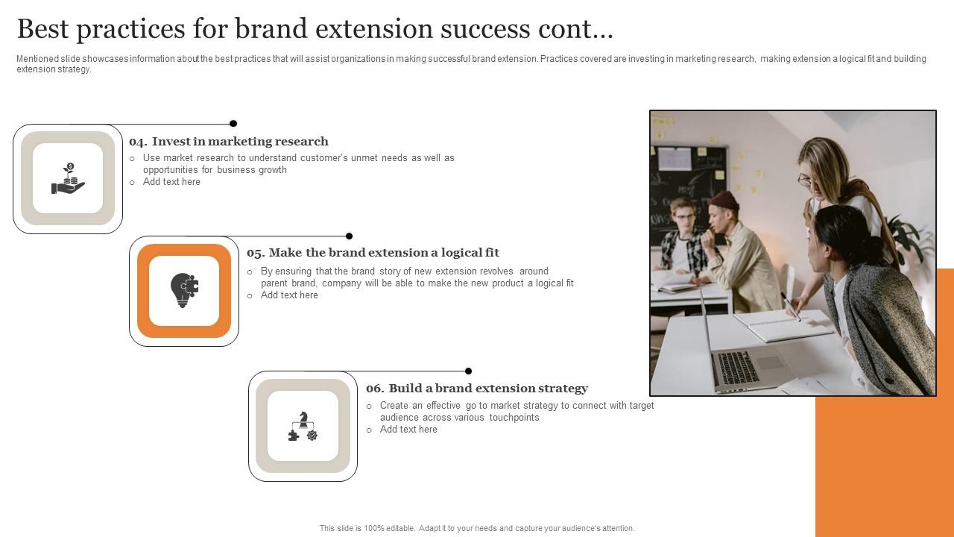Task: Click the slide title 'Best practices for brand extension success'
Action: pos(315,29)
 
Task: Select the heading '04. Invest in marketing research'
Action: pos(229,142)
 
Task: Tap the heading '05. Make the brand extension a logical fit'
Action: pos(373,253)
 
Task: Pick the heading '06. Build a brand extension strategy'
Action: pos(477,389)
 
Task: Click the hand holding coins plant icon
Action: pos(68,179)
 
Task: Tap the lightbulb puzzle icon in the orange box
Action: pos(184,290)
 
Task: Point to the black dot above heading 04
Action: pos(233,124)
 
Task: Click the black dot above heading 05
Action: pos(349,236)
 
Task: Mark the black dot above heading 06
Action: pos(468,371)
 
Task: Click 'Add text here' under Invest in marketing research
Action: pos(171,182)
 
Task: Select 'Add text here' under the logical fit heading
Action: pos(289,295)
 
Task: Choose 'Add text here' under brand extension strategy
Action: pos(408,430)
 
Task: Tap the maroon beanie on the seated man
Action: pos(724,200)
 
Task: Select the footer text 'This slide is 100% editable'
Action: pos(477,528)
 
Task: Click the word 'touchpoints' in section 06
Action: pos(514,418)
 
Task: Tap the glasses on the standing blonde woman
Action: pos(804,179)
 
